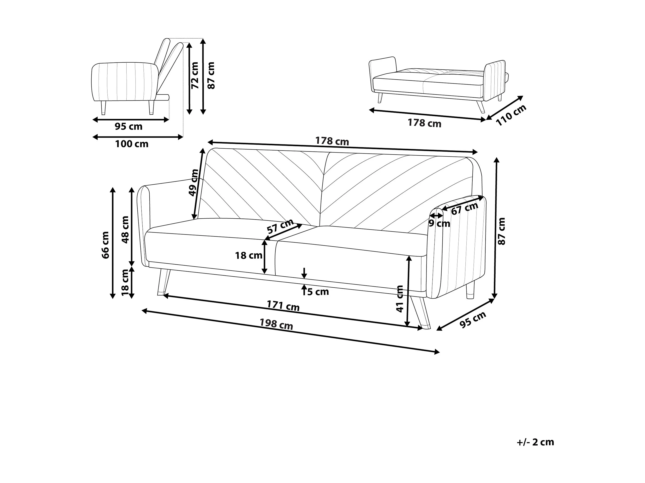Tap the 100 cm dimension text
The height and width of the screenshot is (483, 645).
132,144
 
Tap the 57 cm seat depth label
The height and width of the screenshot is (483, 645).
280,226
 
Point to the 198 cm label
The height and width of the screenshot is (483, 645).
276,324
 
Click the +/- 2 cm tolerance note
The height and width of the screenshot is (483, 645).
535,442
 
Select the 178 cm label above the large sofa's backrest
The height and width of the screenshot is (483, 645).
332,141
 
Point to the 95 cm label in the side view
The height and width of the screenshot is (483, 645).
128,126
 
